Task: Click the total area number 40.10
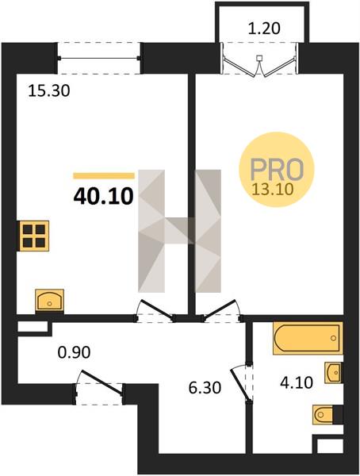103,196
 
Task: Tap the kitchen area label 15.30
48,90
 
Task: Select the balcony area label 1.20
263,29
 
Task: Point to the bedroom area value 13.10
274,189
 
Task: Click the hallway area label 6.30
205,388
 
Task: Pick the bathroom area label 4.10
297,383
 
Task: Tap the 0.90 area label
74,352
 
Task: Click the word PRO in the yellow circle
277,169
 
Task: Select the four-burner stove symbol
33,236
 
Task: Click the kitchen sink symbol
49,300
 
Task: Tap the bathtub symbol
308,338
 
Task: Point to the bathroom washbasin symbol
333,372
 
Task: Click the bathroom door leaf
240,385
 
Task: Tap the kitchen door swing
155,310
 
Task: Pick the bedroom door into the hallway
220,310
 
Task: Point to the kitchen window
99,58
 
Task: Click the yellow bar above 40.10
104,176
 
